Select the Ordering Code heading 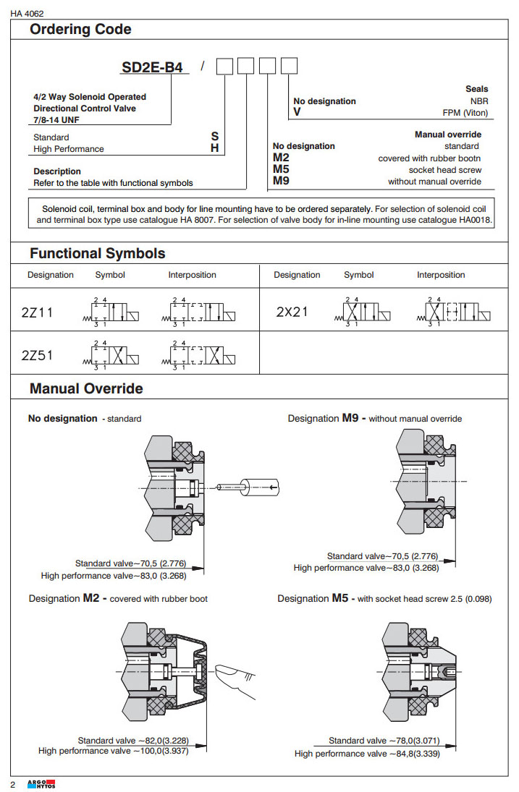pyautogui.click(x=80, y=30)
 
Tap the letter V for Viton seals pyautogui.click(x=297, y=113)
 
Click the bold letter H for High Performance pyautogui.click(x=215, y=148)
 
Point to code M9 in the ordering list pyautogui.click(x=282, y=181)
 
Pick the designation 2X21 pyautogui.click(x=292, y=312)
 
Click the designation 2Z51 pyautogui.click(x=37, y=355)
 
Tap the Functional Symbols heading pyautogui.click(x=97, y=253)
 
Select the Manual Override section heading pyautogui.click(x=86, y=388)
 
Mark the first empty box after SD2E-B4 pyautogui.click(x=225, y=67)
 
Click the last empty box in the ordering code pyautogui.click(x=289, y=67)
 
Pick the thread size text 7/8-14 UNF pyautogui.click(x=58, y=119)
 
